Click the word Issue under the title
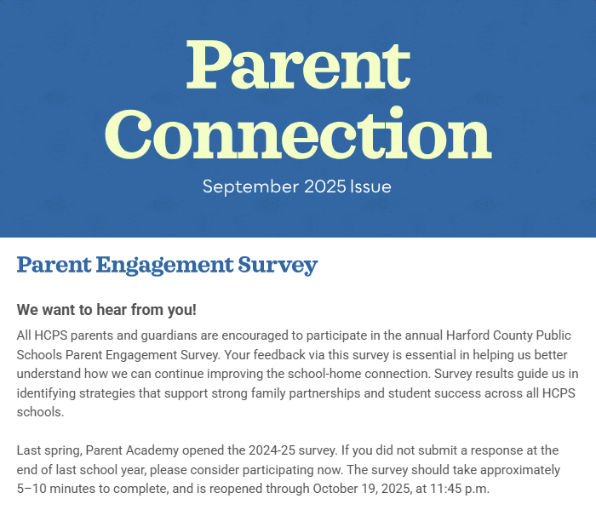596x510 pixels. [x=370, y=186]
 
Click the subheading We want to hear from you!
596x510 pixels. [x=106, y=309]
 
